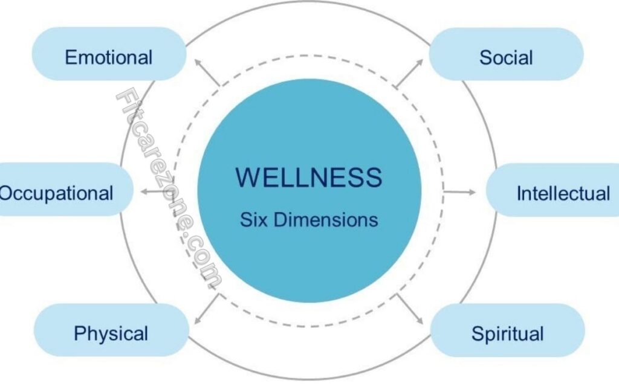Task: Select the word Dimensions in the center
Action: [x=326, y=219]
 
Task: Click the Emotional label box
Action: [x=109, y=57]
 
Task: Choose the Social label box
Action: [x=506, y=57]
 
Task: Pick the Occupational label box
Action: [x=60, y=193]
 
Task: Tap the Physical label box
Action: [x=111, y=333]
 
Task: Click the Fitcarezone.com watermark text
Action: [x=169, y=187]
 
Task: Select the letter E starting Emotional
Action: [x=70, y=58]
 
